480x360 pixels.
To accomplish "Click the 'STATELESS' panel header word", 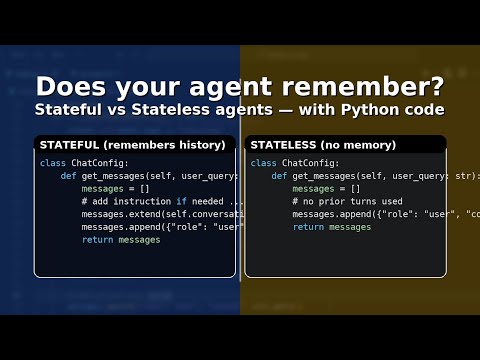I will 284,145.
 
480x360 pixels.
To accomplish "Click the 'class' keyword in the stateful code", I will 52,162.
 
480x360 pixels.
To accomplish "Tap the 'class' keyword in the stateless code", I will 263,162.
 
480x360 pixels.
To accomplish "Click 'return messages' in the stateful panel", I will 120,240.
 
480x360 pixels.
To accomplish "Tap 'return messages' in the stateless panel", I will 331,227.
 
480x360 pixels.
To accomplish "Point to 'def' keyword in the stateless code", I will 278,175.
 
